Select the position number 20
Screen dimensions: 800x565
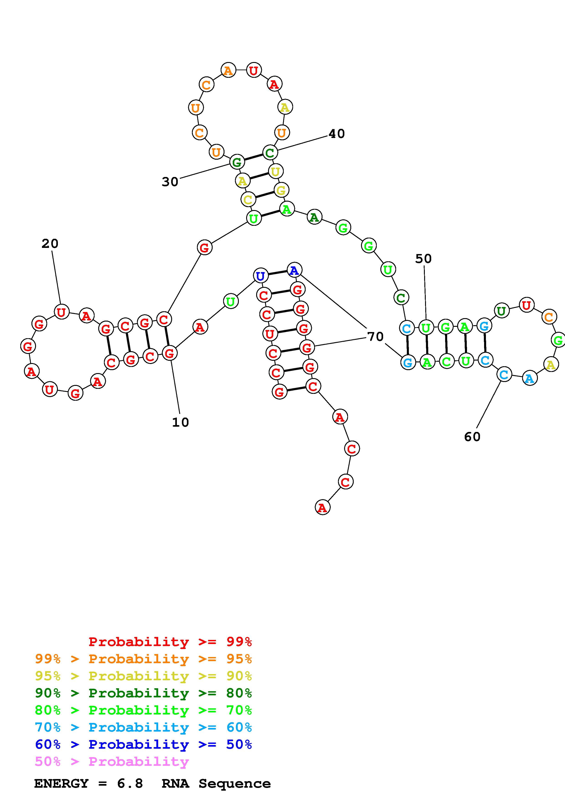(50, 244)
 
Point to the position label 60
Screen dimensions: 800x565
(472, 436)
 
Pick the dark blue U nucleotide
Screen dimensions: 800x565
(261, 276)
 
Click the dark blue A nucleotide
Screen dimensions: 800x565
(294, 270)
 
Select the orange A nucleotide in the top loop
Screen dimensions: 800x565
(228, 71)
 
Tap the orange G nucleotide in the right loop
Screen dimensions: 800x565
(558, 340)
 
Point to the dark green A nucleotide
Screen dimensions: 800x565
(314, 217)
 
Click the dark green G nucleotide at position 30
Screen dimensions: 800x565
(236, 162)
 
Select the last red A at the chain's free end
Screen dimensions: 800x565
(322, 508)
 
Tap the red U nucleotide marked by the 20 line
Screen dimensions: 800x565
(61, 312)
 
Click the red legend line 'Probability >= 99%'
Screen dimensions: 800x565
(170, 642)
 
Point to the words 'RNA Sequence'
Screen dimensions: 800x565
(216, 784)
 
